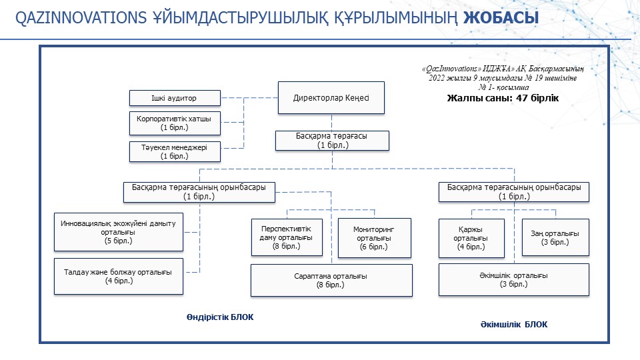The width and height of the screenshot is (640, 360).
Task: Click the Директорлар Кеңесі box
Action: (x=331, y=97)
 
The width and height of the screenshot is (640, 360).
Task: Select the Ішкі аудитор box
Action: (x=175, y=98)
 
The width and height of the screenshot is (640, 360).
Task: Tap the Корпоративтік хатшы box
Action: (x=175, y=123)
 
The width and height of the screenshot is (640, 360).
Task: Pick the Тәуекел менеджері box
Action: (x=175, y=152)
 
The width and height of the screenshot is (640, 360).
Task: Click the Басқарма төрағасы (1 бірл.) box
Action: (x=332, y=141)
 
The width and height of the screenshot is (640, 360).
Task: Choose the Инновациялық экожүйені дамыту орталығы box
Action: (x=119, y=232)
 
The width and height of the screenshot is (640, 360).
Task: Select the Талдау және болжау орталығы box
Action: (x=119, y=276)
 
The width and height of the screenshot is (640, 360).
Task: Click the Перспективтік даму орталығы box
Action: (x=287, y=237)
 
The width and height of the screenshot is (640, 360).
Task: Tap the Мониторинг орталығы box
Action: (x=374, y=238)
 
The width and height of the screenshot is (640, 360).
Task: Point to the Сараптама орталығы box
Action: (x=331, y=281)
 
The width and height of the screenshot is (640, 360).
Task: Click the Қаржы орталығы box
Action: (x=471, y=239)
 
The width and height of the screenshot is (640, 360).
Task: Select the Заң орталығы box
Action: (x=555, y=237)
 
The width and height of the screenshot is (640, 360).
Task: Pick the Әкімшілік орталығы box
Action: (x=514, y=279)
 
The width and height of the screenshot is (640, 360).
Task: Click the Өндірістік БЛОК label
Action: (x=220, y=317)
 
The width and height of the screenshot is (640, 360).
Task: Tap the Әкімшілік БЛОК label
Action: (x=514, y=325)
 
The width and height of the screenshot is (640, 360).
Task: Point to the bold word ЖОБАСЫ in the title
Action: (x=501, y=18)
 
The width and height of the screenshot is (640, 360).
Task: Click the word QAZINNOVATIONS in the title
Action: (x=81, y=18)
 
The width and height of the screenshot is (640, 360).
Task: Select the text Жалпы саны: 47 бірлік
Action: (x=503, y=98)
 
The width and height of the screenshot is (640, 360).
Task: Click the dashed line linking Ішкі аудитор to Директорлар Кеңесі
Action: (x=249, y=98)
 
